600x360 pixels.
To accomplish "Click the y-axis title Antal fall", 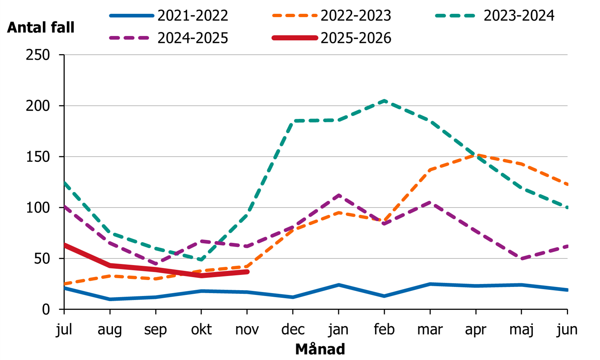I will [x=41, y=28].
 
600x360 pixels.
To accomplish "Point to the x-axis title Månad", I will [x=320, y=349].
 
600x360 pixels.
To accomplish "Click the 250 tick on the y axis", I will [x=38, y=55].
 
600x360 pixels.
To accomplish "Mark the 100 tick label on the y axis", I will [x=38, y=208].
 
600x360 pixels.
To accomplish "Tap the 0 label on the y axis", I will [x=46, y=309].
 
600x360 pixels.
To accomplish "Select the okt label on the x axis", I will [x=201, y=329].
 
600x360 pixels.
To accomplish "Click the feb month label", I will [x=384, y=329].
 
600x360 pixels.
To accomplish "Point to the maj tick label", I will [x=521, y=329].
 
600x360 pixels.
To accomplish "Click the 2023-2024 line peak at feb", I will [x=384, y=101].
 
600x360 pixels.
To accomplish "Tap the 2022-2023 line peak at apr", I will [x=476, y=155].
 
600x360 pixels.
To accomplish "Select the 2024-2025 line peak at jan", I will [x=339, y=196].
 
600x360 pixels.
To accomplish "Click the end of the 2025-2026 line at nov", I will [x=247, y=272].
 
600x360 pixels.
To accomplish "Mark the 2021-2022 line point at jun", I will [x=567, y=290].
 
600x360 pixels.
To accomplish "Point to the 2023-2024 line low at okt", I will [x=201, y=260].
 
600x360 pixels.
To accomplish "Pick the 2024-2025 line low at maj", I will [x=521, y=259].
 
